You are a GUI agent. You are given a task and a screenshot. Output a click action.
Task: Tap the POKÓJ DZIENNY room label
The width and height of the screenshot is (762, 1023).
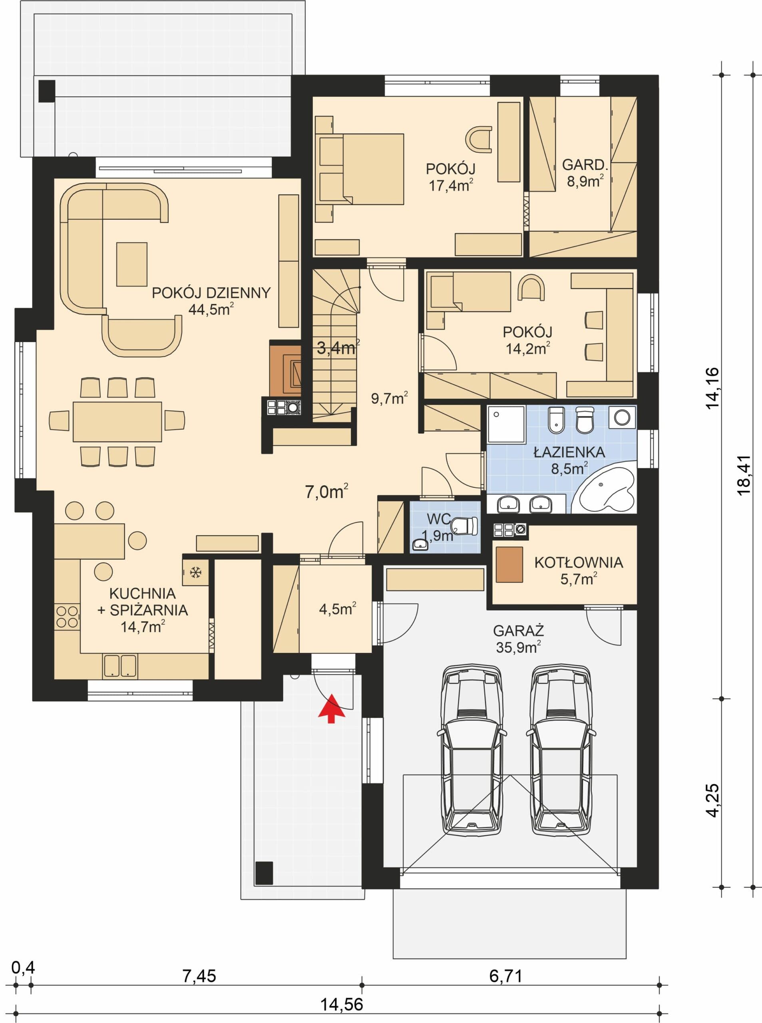[211, 293]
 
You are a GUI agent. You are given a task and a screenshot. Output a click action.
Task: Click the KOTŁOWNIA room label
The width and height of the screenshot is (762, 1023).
[579, 563]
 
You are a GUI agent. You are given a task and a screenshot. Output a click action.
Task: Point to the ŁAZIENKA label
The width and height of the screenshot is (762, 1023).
[569, 452]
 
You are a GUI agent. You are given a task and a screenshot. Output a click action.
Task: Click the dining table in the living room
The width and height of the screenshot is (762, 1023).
[117, 422]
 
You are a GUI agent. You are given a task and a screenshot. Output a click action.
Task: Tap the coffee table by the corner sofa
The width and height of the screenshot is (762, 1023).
[132, 264]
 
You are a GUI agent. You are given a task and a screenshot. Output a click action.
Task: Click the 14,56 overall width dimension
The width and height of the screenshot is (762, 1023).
[342, 1001]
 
